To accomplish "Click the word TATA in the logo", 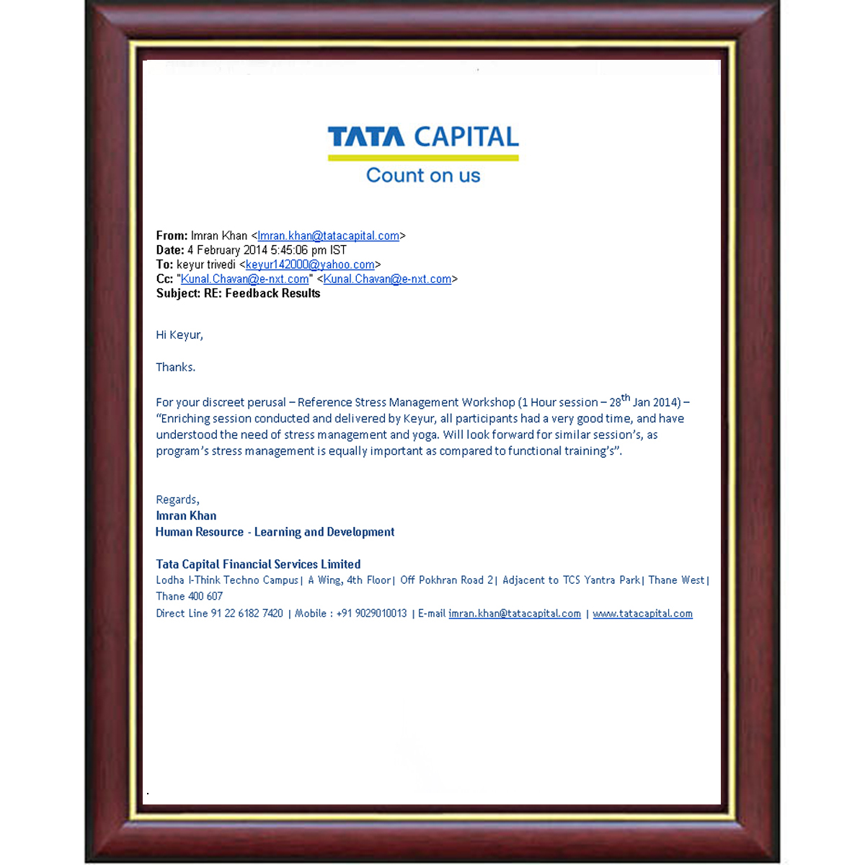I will pos(365,137).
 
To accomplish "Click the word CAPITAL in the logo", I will pos(466,137).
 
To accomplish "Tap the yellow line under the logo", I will pos(423,157).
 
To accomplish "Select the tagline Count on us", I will pos(423,175).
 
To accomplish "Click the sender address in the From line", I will pos(328,236).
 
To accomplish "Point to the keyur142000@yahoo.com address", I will pos(310,265).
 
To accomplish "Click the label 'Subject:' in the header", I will pos(178,293).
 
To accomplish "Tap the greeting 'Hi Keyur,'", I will pos(179,334).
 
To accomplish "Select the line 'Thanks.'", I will pos(175,367).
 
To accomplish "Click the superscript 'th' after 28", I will pos(626,398).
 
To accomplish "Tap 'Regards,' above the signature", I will pos(177,500).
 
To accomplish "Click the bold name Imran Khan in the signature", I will pos(186,515).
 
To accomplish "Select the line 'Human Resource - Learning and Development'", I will pos(275,532).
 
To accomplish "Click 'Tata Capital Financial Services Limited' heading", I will pos(258,564).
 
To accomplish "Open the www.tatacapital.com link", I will pos(642,613).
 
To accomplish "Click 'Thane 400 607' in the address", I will pos(189,596).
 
